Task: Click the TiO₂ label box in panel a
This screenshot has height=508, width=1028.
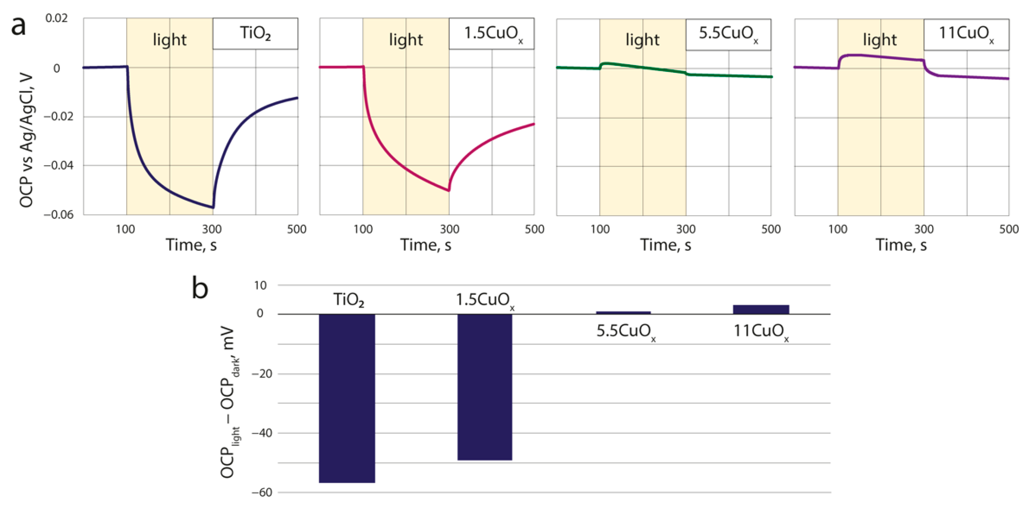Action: [255, 34]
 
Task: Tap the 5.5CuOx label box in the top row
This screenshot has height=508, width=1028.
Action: [728, 34]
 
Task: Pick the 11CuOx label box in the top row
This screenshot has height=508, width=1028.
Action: [966, 34]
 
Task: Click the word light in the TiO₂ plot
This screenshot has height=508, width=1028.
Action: [170, 40]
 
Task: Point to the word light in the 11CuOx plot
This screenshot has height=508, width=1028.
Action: [880, 40]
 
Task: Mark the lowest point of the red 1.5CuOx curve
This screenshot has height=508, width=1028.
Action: [449, 190]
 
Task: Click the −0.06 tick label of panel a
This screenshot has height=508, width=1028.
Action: [59, 215]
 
